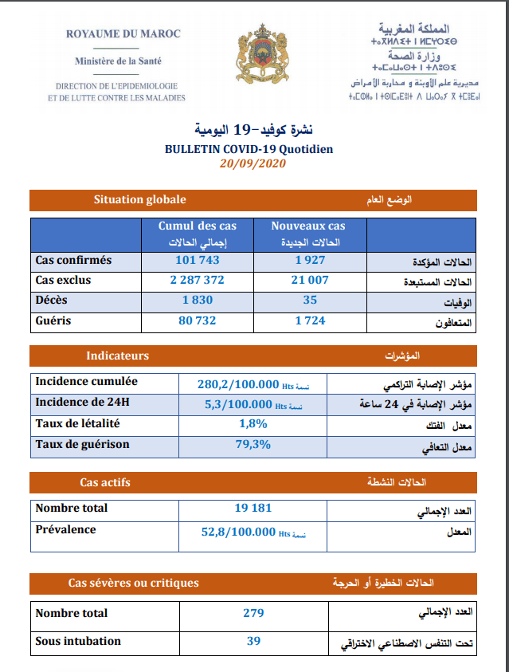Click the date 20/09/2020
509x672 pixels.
pyautogui.click(x=253, y=163)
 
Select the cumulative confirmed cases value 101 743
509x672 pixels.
pyautogui.click(x=197, y=260)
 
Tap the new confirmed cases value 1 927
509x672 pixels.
pyautogui.click(x=310, y=260)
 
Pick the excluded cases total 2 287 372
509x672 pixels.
pyautogui.click(x=197, y=280)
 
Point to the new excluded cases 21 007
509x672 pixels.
pyautogui.click(x=310, y=280)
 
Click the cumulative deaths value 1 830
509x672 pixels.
pyautogui.click(x=197, y=300)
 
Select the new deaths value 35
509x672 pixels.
pyautogui.click(x=310, y=300)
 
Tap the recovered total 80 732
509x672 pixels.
pyautogui.click(x=197, y=320)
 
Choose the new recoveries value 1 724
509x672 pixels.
pyautogui.click(x=310, y=320)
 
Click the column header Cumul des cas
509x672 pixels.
pyautogui.click(x=197, y=226)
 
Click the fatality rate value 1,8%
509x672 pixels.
pyautogui.click(x=253, y=424)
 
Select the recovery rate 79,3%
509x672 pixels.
pyautogui.click(x=253, y=445)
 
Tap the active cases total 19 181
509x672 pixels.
pyautogui.click(x=253, y=509)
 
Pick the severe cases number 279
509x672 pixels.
pyautogui.click(x=253, y=613)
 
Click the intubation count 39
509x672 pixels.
pyautogui.click(x=253, y=640)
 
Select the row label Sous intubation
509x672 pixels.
pyautogui.click(x=78, y=641)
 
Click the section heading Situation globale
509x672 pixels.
pyautogui.click(x=139, y=200)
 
